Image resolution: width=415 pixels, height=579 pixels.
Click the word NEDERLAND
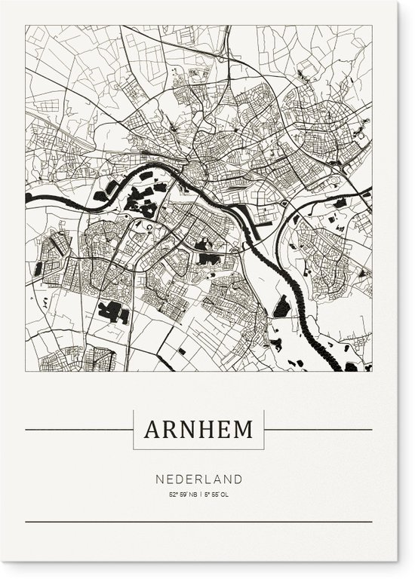(198, 479)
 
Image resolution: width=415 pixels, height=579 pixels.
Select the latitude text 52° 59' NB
(183, 495)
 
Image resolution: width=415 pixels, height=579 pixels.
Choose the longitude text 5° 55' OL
(215, 495)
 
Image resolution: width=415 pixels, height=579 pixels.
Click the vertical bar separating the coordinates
(198, 495)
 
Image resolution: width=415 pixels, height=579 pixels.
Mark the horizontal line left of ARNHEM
(79, 430)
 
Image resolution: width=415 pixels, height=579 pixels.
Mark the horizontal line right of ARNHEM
(318, 430)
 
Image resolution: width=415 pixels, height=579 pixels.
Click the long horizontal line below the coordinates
(198, 522)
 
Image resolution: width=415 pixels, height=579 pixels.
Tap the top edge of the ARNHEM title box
(198, 411)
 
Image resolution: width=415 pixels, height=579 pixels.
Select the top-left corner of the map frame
(26, 26)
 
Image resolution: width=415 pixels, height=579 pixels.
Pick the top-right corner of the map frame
(372, 26)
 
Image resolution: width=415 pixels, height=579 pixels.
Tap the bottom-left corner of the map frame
(26, 372)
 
